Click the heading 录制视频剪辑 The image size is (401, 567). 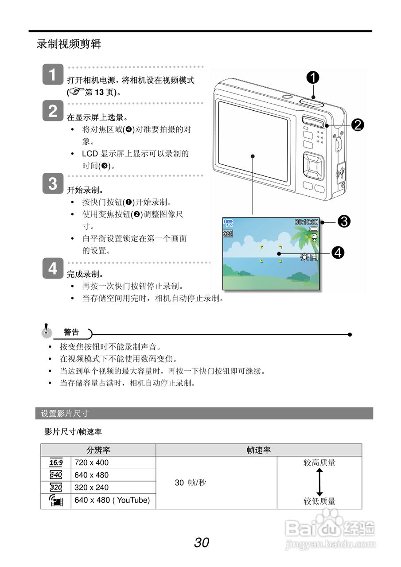(x=69, y=44)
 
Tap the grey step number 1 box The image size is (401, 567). (x=53, y=75)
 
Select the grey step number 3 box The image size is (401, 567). (x=53, y=183)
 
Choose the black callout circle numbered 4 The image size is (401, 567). (x=338, y=253)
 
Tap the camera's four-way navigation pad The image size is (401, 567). (x=314, y=166)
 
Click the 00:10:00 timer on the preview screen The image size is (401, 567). (x=307, y=222)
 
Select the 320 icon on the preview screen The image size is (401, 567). (x=228, y=233)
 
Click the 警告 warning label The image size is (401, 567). (x=71, y=332)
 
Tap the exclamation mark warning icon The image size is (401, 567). (x=46, y=331)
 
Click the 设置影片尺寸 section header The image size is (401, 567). (x=65, y=414)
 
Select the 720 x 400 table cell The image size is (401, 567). (x=92, y=463)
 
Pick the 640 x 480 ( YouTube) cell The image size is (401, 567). (x=113, y=501)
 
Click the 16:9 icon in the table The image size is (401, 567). (x=56, y=463)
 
